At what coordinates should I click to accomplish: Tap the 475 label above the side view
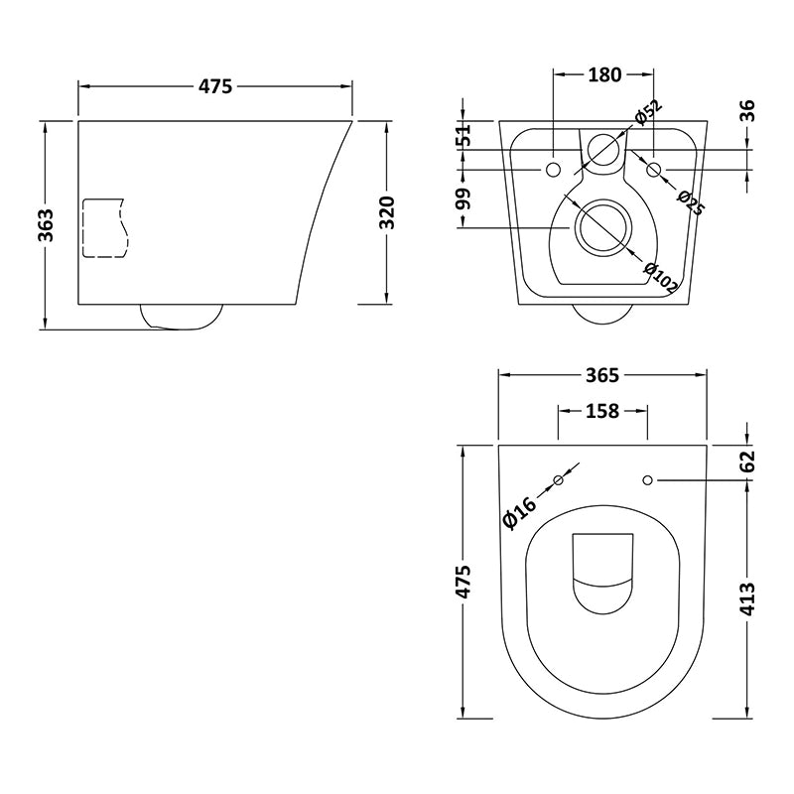tap(215, 86)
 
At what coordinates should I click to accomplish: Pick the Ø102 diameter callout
tap(661, 277)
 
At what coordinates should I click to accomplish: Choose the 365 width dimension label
tap(602, 375)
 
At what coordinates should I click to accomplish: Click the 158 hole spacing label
tap(602, 410)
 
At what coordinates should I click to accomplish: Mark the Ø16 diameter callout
tap(520, 509)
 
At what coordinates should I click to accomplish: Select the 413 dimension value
tap(747, 599)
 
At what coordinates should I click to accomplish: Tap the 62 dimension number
tap(747, 461)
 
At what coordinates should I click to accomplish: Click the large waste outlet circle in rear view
tap(600, 227)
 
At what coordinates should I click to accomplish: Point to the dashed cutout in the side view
tap(104, 228)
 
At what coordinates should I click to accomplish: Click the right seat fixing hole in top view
tap(647, 480)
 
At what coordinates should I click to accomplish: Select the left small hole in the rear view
tap(553, 171)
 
